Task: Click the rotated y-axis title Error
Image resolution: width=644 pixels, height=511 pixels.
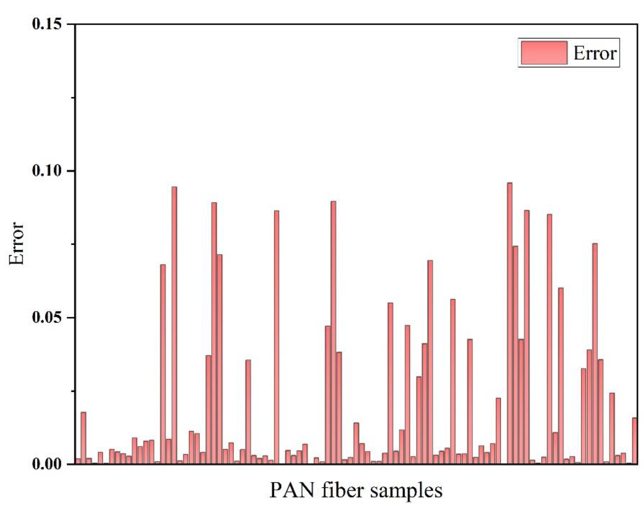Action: (x=17, y=244)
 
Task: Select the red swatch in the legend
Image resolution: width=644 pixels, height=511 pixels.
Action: (x=544, y=53)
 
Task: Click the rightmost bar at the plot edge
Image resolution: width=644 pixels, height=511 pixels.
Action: (x=634, y=441)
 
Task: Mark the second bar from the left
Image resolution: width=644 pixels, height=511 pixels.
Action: (x=83, y=438)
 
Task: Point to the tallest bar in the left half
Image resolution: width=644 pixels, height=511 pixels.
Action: (x=174, y=325)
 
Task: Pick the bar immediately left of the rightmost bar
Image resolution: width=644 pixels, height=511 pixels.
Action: (x=629, y=464)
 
